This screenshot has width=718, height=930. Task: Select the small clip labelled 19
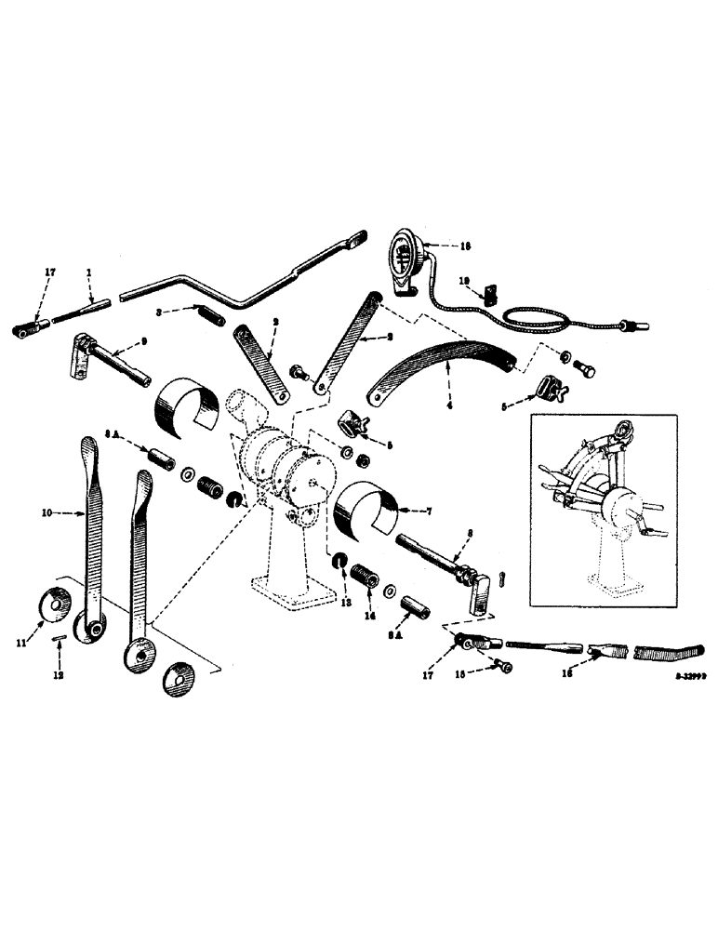(x=492, y=295)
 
